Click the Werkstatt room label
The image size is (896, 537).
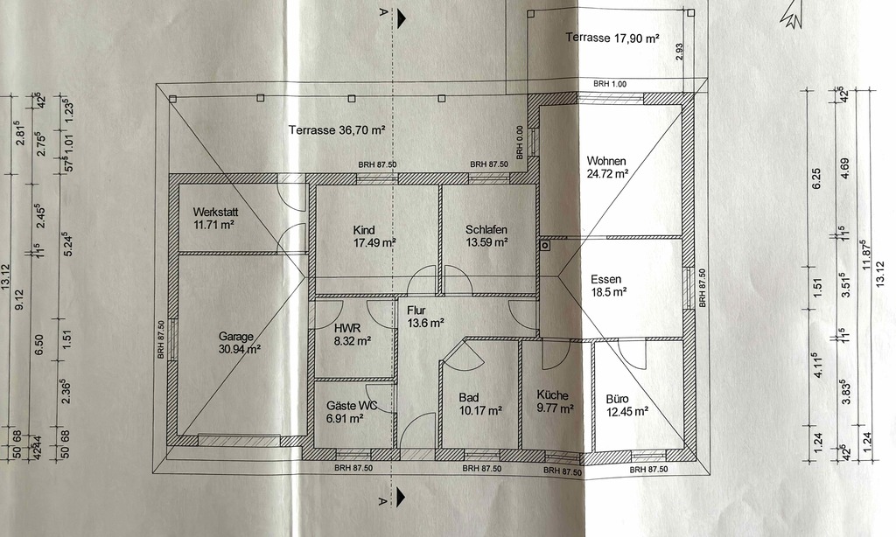point(215,213)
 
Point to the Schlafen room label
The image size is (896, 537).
point(487,229)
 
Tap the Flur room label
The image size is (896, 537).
point(417,308)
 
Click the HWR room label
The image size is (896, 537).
point(346,328)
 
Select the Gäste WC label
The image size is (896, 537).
point(352,406)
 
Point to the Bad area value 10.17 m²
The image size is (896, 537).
point(480,410)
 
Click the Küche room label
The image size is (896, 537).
point(553,395)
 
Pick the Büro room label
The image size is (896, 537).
point(618,396)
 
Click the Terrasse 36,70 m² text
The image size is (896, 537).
point(337,130)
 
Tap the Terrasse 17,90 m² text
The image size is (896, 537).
point(612,38)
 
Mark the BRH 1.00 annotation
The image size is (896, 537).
point(610,84)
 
